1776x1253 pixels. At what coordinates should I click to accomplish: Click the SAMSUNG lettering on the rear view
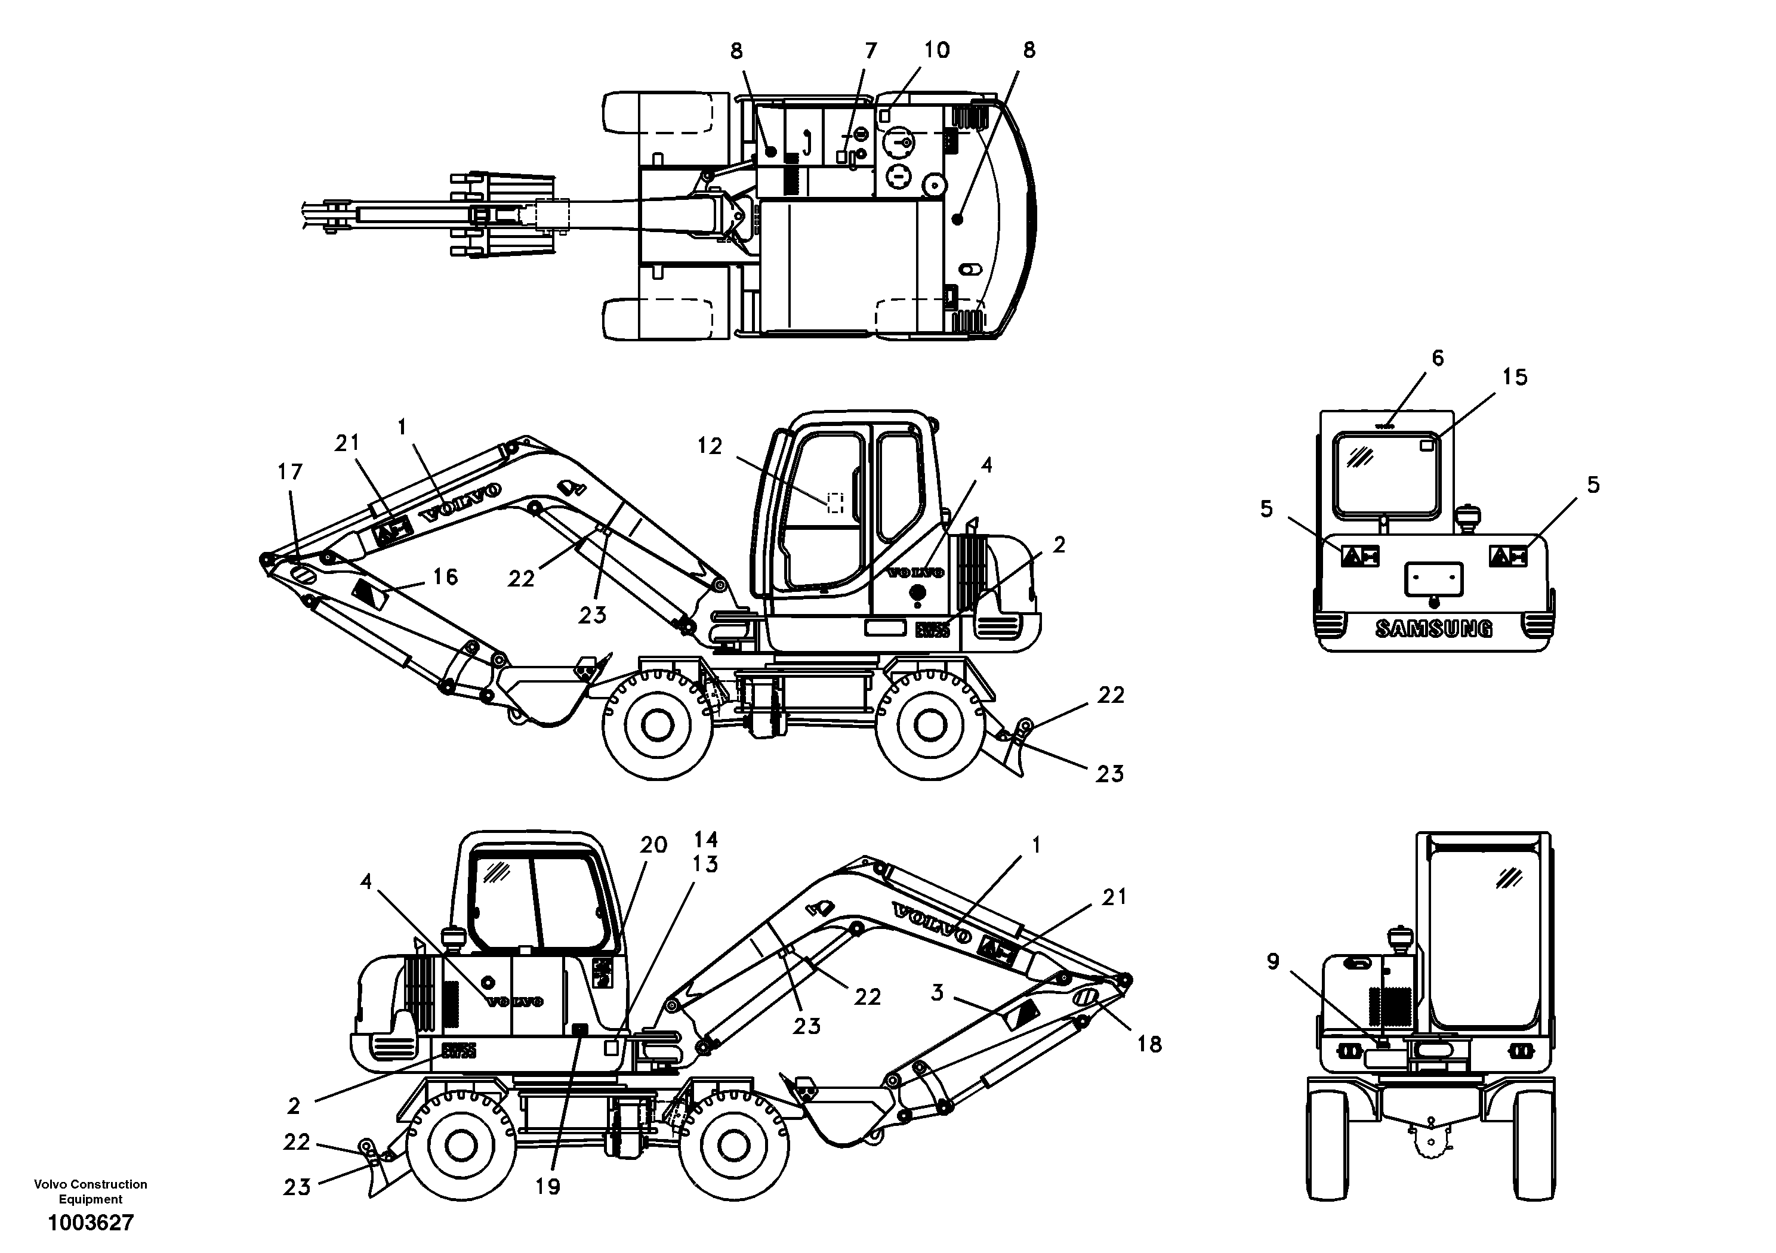pyautogui.click(x=1433, y=629)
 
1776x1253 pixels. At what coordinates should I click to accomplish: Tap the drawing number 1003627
pyautogui.click(x=91, y=1223)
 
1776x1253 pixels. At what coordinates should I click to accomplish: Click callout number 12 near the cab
pyautogui.click(x=710, y=446)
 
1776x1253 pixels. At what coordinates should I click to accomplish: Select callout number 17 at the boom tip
pyautogui.click(x=290, y=472)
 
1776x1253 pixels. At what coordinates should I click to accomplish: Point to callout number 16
pyautogui.click(x=445, y=576)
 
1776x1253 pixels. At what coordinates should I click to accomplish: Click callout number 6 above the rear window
pyautogui.click(x=1437, y=358)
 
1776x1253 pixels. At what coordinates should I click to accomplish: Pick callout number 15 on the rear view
pyautogui.click(x=1515, y=378)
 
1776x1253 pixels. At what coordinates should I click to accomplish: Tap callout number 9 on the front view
pyautogui.click(x=1272, y=961)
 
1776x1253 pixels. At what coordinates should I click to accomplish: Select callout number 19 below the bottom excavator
pyautogui.click(x=548, y=1186)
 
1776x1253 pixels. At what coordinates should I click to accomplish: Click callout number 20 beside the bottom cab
pyautogui.click(x=653, y=845)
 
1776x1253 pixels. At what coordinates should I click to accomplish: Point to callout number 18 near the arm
pyautogui.click(x=1149, y=1044)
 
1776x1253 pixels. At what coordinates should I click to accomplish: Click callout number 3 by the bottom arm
pyautogui.click(x=938, y=992)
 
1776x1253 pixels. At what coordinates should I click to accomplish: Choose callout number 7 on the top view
pyautogui.click(x=871, y=51)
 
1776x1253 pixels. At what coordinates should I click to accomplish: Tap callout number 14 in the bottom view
pyautogui.click(x=705, y=839)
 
